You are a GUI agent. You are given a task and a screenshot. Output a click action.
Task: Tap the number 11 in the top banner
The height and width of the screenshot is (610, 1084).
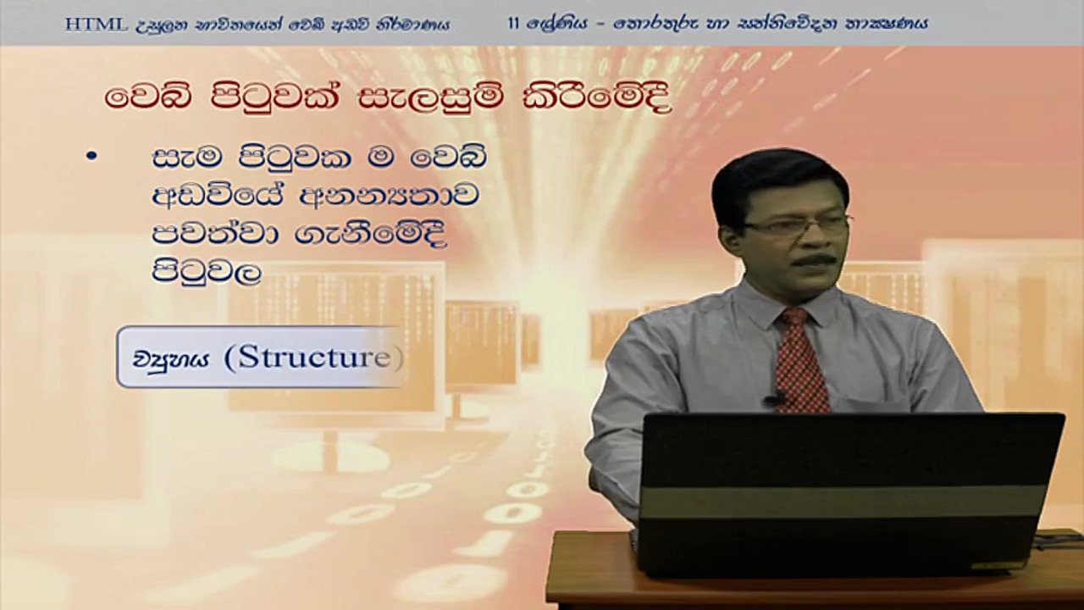tap(514, 23)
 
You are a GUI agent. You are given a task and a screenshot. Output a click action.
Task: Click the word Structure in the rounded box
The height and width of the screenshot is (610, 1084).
tap(313, 358)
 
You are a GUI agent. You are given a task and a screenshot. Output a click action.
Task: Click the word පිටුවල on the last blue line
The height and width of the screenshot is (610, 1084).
tap(207, 272)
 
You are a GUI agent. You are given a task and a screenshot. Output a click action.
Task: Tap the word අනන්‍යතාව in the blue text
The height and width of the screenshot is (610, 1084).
tap(390, 197)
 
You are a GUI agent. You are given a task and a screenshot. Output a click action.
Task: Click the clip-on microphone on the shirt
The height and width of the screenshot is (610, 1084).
tap(774, 399)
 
